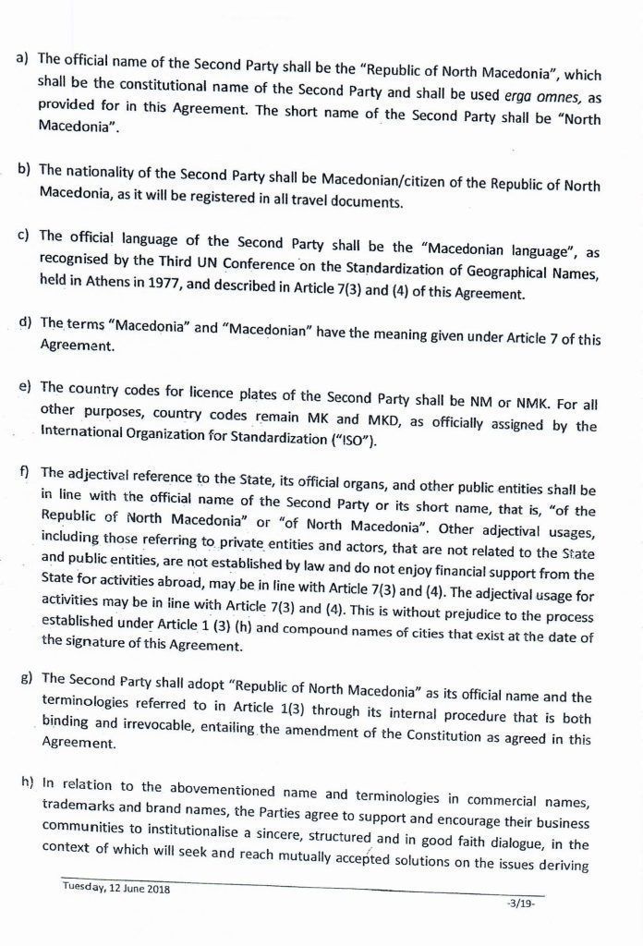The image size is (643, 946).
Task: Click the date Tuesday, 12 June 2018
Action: pos(115,888)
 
